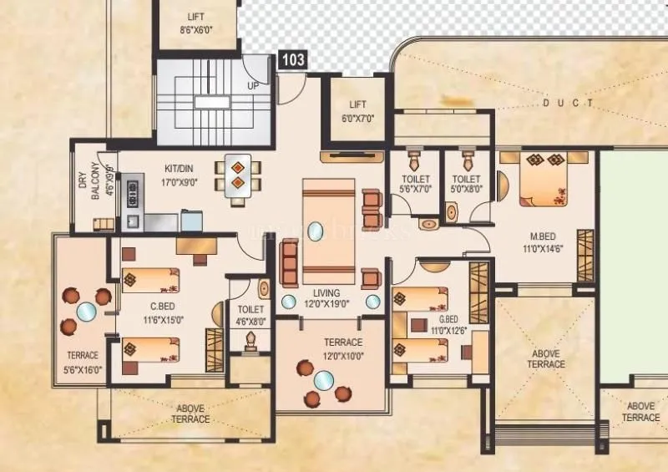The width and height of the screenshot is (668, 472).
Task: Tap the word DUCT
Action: [568, 104]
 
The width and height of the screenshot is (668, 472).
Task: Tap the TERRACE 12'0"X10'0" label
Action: [343, 348]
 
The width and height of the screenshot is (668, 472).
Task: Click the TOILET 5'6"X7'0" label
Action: [416, 184]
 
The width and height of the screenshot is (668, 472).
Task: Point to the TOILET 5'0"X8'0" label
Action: [466, 184]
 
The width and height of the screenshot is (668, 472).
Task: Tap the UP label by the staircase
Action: [252, 86]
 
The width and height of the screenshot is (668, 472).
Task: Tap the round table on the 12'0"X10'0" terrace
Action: [322, 382]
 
